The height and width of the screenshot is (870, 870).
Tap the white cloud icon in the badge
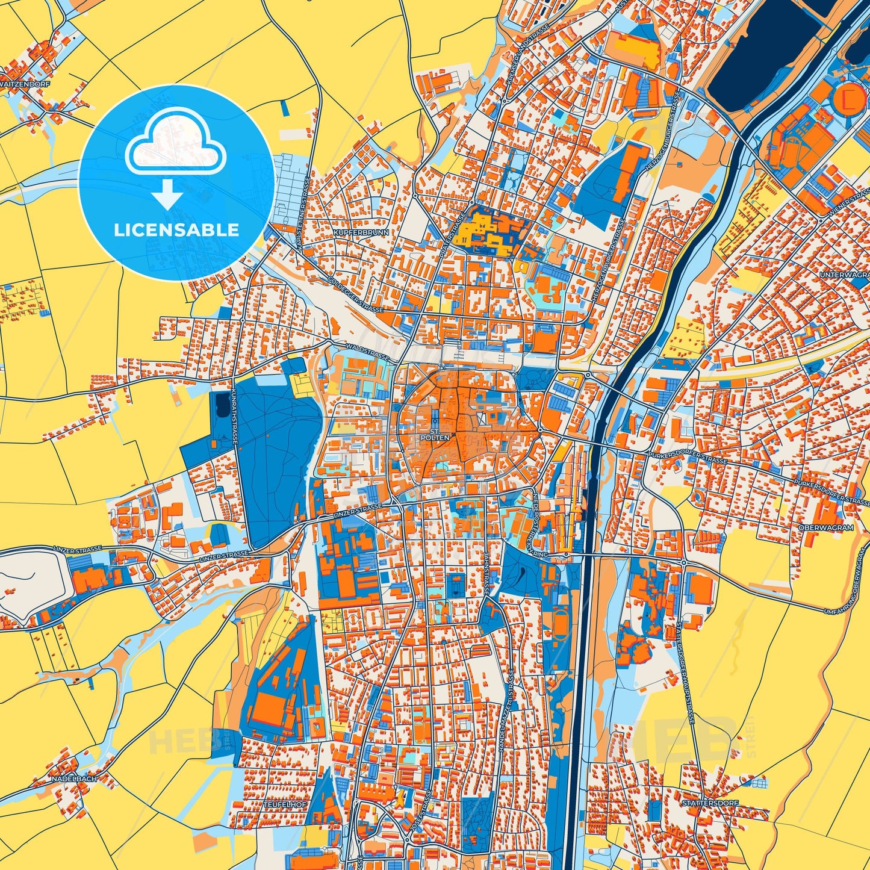(175, 147)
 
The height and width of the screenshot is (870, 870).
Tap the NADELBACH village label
(75, 778)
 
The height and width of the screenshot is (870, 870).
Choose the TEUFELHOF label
(285, 804)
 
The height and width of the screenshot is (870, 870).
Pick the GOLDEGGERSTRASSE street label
(356, 295)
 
